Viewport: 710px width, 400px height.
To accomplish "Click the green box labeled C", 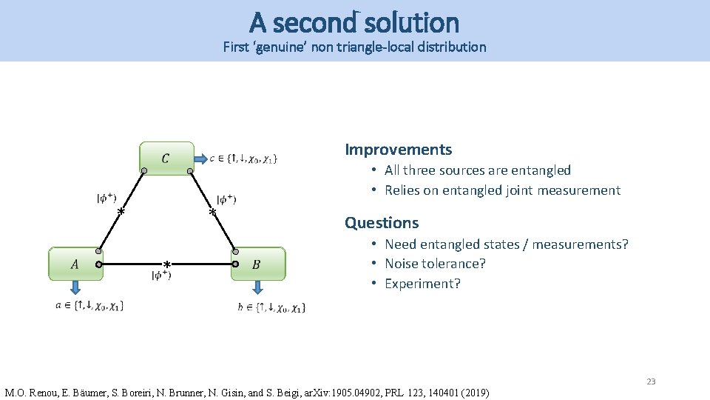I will pyautogui.click(x=166, y=159).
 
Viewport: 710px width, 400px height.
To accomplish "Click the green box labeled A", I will pyautogui.click(x=75, y=264).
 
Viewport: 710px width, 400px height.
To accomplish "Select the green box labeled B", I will pyautogui.click(x=257, y=264).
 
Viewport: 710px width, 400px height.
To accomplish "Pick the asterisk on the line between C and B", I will pyautogui.click(x=212, y=213).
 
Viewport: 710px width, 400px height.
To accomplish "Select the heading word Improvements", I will pyautogui.click(x=398, y=150).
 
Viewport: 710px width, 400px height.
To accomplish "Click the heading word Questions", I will pyautogui.click(x=382, y=223).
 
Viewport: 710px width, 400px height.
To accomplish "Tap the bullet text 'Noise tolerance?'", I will pyautogui.click(x=435, y=264).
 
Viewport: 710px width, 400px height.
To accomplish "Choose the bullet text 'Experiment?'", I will pyautogui.click(x=422, y=284).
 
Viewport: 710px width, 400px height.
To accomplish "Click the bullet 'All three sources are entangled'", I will pyautogui.click(x=477, y=170).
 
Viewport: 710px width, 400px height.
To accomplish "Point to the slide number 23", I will pyautogui.click(x=651, y=381).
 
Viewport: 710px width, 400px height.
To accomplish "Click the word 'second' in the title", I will pyautogui.click(x=314, y=23).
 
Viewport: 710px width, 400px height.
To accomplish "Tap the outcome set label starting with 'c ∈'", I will pyautogui.click(x=243, y=158).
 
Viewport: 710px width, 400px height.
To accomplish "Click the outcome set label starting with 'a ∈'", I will pyautogui.click(x=89, y=305).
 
